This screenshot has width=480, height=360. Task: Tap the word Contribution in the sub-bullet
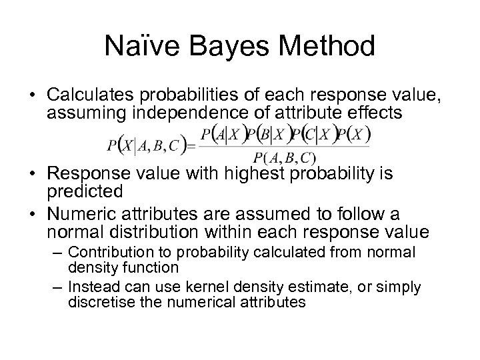[109, 253]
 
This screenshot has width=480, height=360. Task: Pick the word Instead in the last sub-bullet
[93, 287]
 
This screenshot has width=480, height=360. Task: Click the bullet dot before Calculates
[31, 93]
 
